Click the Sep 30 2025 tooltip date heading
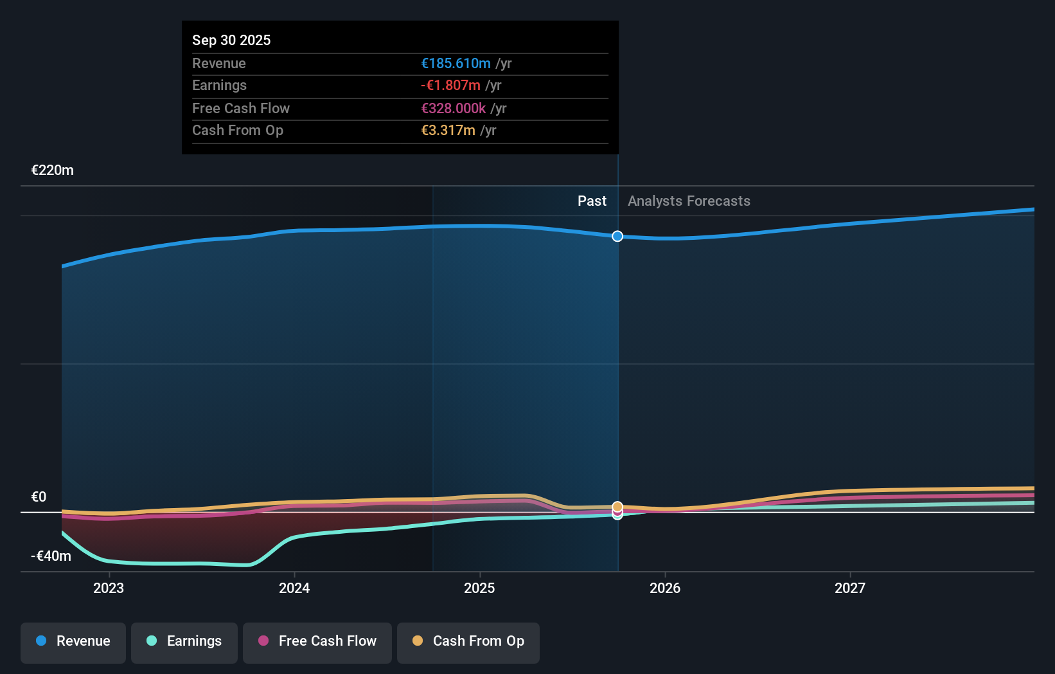click(231, 40)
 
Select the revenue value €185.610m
click(456, 63)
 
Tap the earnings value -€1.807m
click(450, 85)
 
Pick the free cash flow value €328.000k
click(453, 108)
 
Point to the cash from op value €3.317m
click(448, 130)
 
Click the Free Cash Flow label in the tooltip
click(241, 108)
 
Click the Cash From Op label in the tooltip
click(238, 130)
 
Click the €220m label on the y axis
click(53, 170)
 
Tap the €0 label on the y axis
click(39, 496)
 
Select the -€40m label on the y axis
click(51, 556)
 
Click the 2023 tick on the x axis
click(109, 588)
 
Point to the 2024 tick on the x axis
click(294, 588)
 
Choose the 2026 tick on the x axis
click(665, 588)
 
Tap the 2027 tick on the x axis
click(850, 588)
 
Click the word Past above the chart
click(592, 201)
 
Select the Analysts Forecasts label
click(689, 201)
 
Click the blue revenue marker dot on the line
click(617, 236)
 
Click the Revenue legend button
click(73, 641)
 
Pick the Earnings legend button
click(184, 641)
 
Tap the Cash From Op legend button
click(468, 641)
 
